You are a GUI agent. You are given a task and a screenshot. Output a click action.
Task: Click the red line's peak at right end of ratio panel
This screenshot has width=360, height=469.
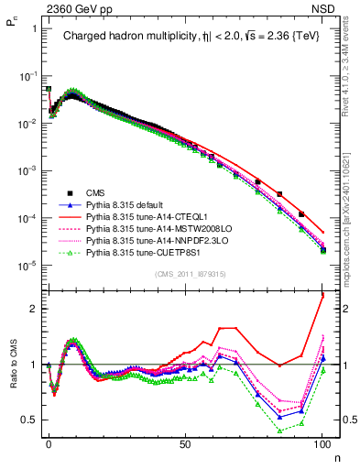(x=322, y=296)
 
